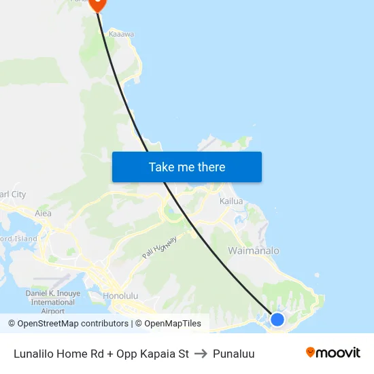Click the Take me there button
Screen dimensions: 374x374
(x=186, y=167)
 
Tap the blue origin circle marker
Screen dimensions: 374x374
(x=277, y=319)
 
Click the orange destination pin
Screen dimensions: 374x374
(x=97, y=3)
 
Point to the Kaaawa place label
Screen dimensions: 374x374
(x=121, y=33)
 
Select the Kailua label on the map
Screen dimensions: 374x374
(x=231, y=201)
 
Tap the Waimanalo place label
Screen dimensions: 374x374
(x=253, y=251)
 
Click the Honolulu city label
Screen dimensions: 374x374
(x=120, y=296)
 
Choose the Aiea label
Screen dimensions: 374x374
(x=43, y=213)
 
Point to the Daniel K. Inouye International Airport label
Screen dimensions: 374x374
(x=53, y=302)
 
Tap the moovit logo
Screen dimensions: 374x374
(x=333, y=353)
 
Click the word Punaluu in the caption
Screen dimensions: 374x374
(x=233, y=354)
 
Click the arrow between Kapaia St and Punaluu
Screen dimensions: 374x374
(x=201, y=354)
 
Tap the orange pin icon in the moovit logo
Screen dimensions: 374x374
(x=311, y=352)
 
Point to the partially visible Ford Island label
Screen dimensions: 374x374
(x=18, y=239)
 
